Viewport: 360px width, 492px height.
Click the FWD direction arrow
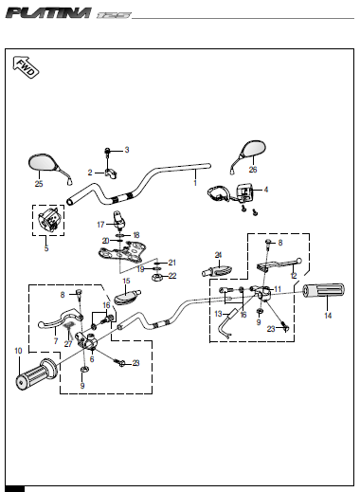tap(26, 67)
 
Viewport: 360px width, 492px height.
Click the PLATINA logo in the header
tap(48, 13)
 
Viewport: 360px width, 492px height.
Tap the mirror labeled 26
tap(249, 155)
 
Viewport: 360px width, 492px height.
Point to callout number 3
tap(127, 150)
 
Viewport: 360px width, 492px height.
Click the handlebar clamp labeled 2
tap(110, 173)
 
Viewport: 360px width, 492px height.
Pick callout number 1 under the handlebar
tap(195, 183)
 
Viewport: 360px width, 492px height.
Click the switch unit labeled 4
tap(244, 192)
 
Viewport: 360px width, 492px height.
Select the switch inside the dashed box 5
tap(48, 219)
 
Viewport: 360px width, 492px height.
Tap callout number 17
tap(100, 225)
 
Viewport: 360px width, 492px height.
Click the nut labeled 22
tap(156, 278)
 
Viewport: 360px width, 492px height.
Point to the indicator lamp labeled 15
tap(127, 297)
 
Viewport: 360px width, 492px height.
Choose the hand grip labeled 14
tap(324, 291)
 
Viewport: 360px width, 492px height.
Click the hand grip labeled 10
tap(36, 374)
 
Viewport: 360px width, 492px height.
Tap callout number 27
tap(68, 344)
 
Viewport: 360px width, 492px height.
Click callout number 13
tap(218, 314)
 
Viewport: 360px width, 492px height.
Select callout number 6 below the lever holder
tap(92, 359)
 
